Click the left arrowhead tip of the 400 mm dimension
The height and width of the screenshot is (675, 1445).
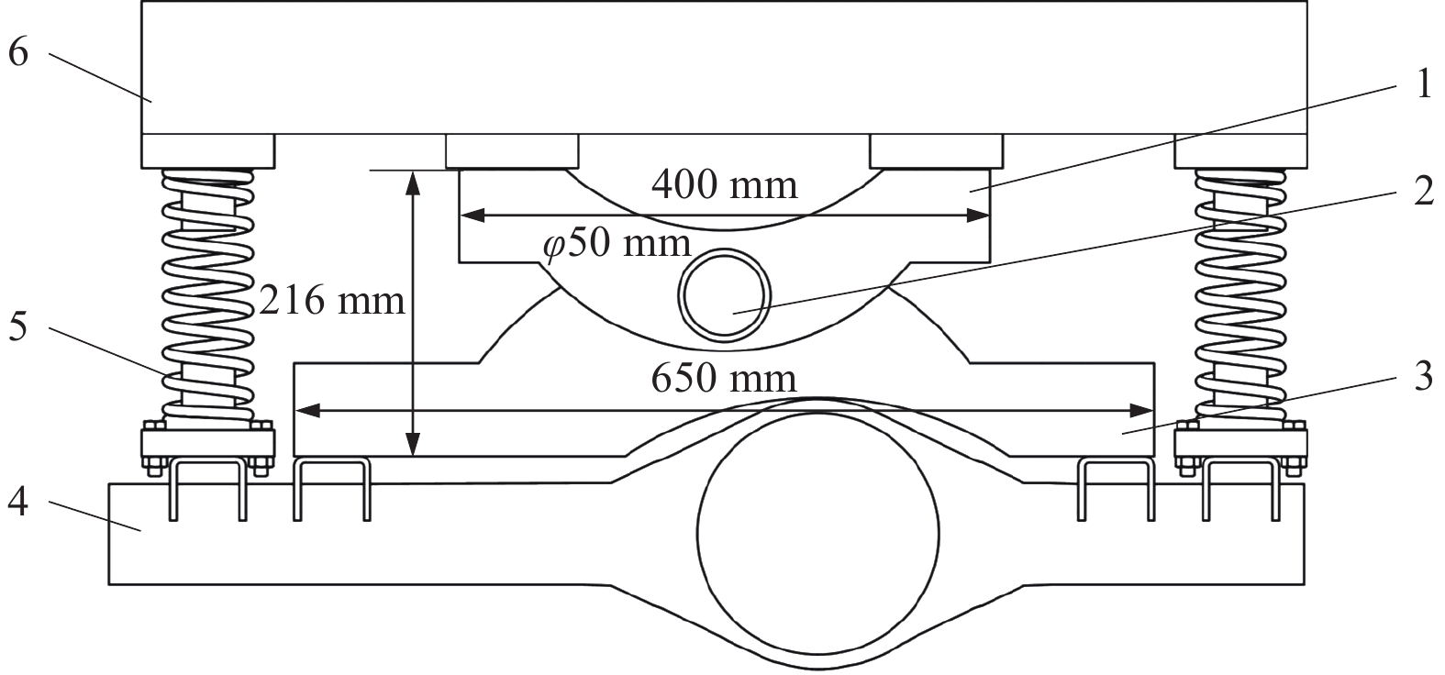point(460,216)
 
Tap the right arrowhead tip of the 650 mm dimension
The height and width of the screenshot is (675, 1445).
point(1153,410)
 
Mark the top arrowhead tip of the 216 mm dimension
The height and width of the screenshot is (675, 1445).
point(413,171)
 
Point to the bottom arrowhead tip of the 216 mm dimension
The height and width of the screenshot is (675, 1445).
point(413,457)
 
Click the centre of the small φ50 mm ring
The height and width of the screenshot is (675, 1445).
point(725,296)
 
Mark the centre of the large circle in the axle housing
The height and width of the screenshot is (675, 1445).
point(818,533)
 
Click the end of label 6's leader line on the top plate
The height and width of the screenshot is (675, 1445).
point(152,101)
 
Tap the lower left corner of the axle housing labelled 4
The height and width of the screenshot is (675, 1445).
point(108,585)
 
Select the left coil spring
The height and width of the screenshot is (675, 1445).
point(207,295)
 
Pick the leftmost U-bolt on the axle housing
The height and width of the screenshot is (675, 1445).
point(207,490)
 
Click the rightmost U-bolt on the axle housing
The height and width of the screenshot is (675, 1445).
point(1241,490)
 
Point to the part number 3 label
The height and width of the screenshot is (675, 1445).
point(1423,376)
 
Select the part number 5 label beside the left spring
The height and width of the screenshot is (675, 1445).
point(18,326)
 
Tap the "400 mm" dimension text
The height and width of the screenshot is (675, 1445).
point(725,185)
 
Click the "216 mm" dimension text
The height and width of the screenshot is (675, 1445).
point(331,301)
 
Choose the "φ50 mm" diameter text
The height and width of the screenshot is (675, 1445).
point(617,244)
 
